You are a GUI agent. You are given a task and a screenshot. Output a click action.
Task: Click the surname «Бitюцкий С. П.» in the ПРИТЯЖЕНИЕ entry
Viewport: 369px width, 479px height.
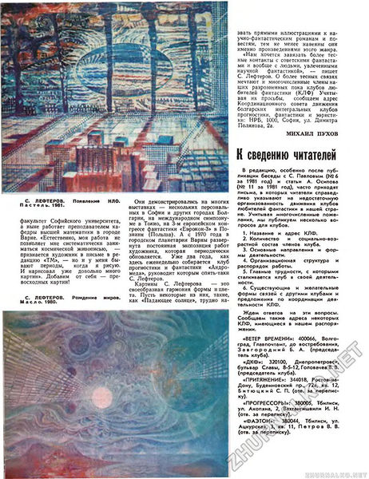264,418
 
